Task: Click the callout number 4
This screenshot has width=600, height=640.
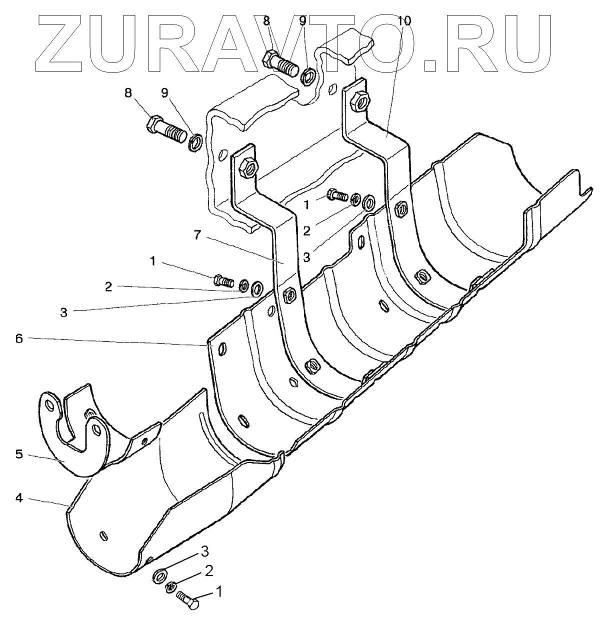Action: click(18, 498)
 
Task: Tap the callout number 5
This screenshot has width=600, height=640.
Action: click(18, 455)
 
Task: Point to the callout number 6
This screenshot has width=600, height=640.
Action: click(18, 338)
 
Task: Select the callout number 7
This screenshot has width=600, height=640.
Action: click(198, 235)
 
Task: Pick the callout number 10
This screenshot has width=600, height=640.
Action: click(404, 20)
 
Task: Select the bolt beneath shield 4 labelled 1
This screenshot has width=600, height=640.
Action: click(187, 599)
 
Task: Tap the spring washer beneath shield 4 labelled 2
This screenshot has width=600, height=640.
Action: click(170, 586)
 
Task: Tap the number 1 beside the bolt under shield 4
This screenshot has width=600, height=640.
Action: click(218, 592)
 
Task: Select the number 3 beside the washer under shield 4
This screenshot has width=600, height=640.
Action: click(204, 551)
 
